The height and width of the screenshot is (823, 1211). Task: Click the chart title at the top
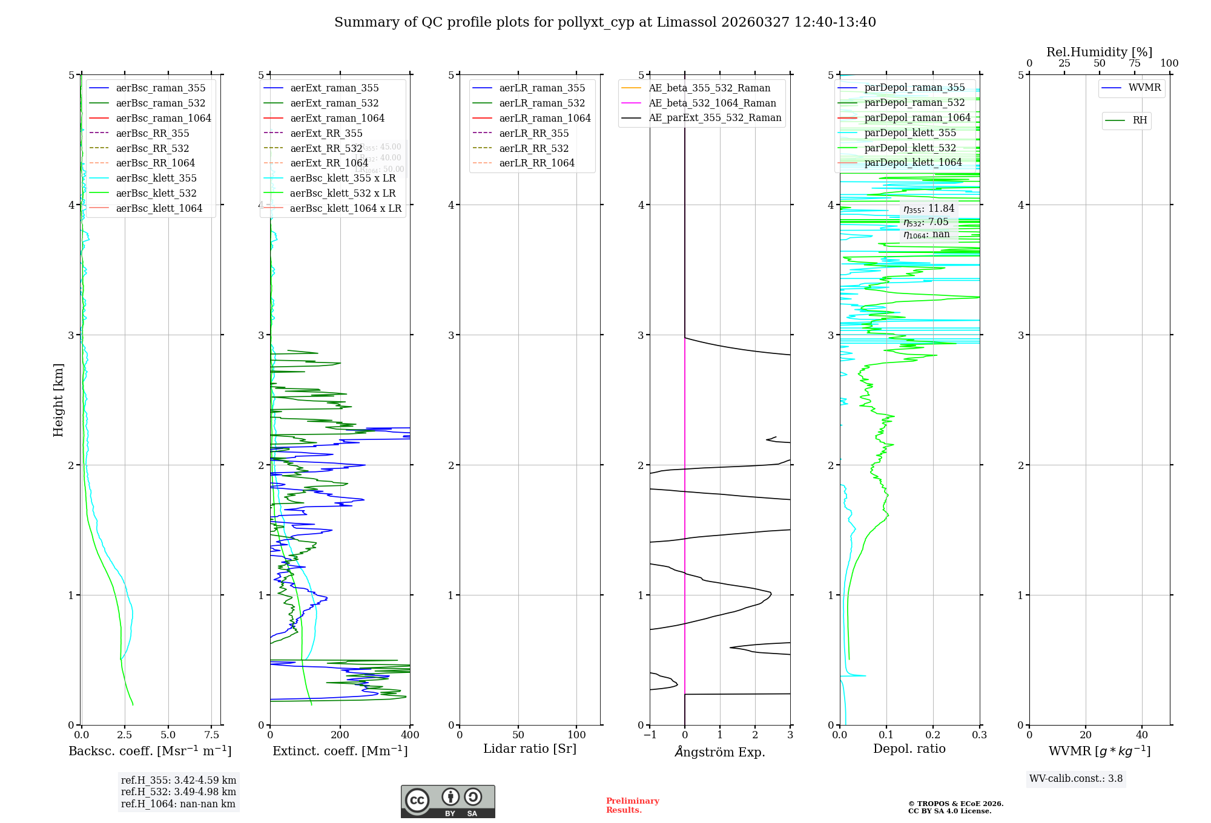pyautogui.click(x=605, y=22)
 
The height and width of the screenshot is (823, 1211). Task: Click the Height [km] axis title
pyautogui.click(x=58, y=400)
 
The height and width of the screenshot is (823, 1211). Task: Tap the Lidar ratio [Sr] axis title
pyautogui.click(x=530, y=749)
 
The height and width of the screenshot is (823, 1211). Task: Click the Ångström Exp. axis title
pyautogui.click(x=720, y=752)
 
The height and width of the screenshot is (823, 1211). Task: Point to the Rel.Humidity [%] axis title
pyautogui.click(x=1099, y=52)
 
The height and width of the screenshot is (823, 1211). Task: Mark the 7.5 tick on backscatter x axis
pyautogui.click(x=211, y=735)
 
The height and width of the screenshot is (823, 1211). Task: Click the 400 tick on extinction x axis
pyautogui.click(x=410, y=735)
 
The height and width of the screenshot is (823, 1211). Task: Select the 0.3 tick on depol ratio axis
pyautogui.click(x=979, y=735)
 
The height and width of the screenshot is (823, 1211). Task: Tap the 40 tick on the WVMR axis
pyautogui.click(x=1141, y=735)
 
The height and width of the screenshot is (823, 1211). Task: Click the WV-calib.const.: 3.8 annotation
pyautogui.click(x=1076, y=779)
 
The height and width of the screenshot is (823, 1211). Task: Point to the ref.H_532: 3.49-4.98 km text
pyautogui.click(x=179, y=792)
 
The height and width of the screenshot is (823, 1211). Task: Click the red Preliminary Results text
pyautogui.click(x=632, y=805)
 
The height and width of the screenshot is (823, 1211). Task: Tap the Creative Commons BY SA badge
pyautogui.click(x=447, y=801)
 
